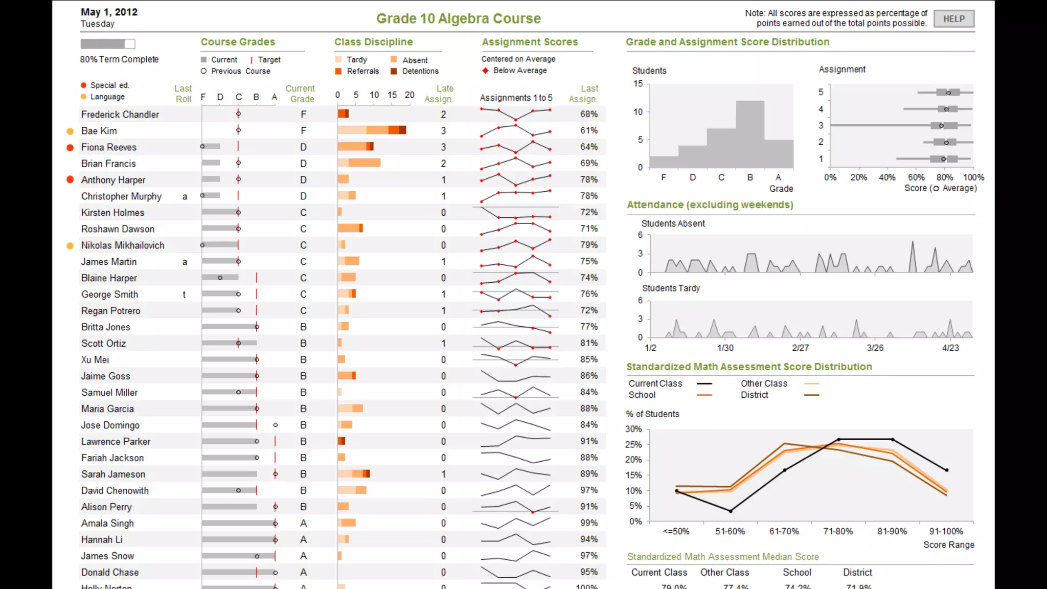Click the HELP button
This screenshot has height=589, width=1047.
pyautogui.click(x=953, y=19)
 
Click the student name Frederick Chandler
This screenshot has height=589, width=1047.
pyautogui.click(x=120, y=115)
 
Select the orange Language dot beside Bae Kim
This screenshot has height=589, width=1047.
pyautogui.click(x=70, y=131)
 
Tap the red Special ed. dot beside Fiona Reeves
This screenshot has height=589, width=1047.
pyautogui.click(x=70, y=148)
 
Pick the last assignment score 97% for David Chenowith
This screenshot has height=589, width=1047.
pyautogui.click(x=588, y=490)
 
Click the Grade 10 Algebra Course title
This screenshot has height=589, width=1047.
pyautogui.click(x=458, y=19)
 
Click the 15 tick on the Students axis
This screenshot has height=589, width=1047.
pyautogui.click(x=638, y=83)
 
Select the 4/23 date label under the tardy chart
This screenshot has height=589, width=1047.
pyautogui.click(x=950, y=348)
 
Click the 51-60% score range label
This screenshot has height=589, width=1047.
pyautogui.click(x=730, y=532)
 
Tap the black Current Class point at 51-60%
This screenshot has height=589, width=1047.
pyautogui.click(x=731, y=511)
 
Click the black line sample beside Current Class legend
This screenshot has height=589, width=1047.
pyautogui.click(x=704, y=383)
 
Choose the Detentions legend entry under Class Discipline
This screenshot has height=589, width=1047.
pyautogui.click(x=420, y=71)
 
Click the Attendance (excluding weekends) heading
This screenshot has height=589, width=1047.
pyautogui.click(x=710, y=205)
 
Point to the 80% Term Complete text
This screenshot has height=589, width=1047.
pyautogui.click(x=119, y=59)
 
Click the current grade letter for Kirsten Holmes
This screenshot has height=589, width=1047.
pyautogui.click(x=303, y=213)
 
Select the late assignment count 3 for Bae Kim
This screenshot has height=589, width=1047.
pyautogui.click(x=443, y=131)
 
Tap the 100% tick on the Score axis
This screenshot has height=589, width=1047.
pyautogui.click(x=973, y=177)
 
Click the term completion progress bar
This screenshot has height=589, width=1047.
pyautogui.click(x=107, y=44)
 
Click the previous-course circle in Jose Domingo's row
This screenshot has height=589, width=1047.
pyautogui.click(x=276, y=425)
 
